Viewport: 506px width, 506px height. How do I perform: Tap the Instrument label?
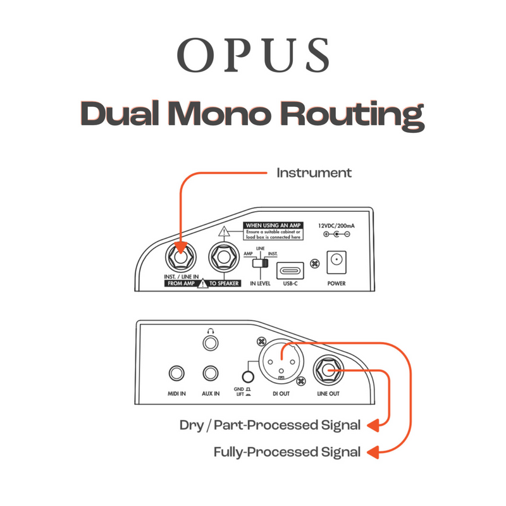coord(314,172)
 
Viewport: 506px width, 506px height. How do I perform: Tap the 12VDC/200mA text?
coord(336,225)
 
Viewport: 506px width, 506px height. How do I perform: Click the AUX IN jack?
coord(211,375)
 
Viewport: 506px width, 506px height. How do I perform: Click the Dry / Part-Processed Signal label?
coord(270,425)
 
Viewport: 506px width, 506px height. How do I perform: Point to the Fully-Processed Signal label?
coord(287,452)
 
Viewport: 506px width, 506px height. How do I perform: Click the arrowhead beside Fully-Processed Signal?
coord(373,452)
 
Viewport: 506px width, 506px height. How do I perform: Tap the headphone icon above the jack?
coord(211,330)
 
